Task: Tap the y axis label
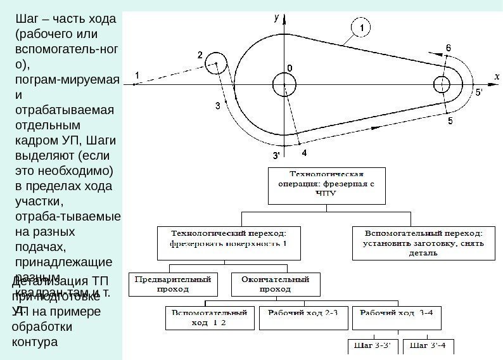coord(276,18)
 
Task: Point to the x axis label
coord(497,76)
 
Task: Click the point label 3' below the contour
coord(277,155)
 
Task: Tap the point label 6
coord(449,48)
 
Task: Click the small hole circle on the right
coord(442,84)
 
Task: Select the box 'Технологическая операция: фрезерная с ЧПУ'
coord(326,186)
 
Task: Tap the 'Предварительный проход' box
coord(173,283)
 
